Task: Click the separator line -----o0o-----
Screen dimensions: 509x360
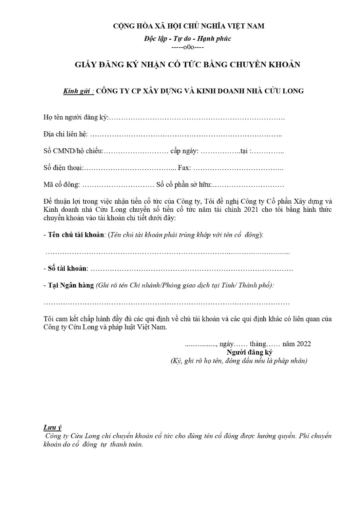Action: pyautogui.click(x=188, y=47)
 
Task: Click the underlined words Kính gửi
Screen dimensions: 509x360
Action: pyautogui.click(x=78, y=91)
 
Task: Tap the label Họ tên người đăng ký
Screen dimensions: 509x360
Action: pyautogui.click(x=76, y=117)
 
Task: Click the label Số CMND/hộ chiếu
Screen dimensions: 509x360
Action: pyautogui.click(x=73, y=151)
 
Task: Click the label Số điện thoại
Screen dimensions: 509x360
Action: pyautogui.click(x=63, y=168)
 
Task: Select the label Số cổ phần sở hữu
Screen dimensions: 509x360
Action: pyautogui.click(x=184, y=185)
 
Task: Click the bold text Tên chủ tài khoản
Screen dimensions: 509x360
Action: pyautogui.click(x=76, y=235)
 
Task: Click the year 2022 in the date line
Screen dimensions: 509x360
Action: pyautogui.click(x=304, y=344)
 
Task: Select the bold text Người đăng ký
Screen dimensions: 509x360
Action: pyautogui.click(x=249, y=352)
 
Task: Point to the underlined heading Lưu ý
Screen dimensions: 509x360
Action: pyautogui.click(x=52, y=427)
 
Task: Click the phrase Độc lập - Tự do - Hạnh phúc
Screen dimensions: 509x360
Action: pyautogui.click(x=188, y=39)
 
